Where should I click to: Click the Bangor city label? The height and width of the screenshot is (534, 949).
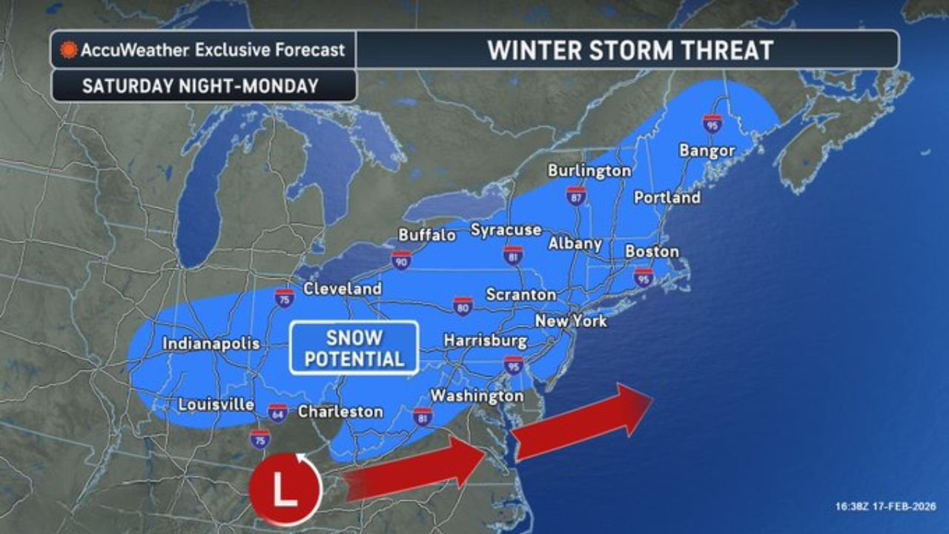click(x=707, y=151)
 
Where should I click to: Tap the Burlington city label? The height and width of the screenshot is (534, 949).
click(x=589, y=171)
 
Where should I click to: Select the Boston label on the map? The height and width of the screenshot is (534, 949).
click(x=652, y=251)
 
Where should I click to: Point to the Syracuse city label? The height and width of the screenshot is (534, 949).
click(x=506, y=230)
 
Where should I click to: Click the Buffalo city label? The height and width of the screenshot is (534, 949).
click(x=427, y=235)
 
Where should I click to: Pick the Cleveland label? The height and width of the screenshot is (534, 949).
click(x=343, y=289)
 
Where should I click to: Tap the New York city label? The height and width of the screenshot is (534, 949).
click(x=571, y=321)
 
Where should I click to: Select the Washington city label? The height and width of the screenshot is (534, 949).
click(x=477, y=396)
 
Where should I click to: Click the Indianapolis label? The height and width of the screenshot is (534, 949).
click(x=211, y=343)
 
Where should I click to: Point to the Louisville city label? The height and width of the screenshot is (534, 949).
click(x=216, y=405)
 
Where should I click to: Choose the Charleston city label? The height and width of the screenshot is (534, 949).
click(x=340, y=412)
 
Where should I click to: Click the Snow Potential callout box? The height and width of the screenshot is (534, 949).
click(x=354, y=348)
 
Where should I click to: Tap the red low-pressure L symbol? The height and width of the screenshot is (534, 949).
click(x=285, y=490)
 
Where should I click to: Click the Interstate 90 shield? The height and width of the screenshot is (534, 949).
click(x=401, y=260)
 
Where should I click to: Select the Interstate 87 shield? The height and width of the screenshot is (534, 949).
click(x=576, y=196)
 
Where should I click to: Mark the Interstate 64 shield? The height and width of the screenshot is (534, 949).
click(x=277, y=412)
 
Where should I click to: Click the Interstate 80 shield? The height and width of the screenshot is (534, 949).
click(x=463, y=306)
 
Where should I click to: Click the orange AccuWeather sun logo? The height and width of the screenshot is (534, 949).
click(x=69, y=50)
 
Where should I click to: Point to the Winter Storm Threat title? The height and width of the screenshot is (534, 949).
click(x=629, y=50)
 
